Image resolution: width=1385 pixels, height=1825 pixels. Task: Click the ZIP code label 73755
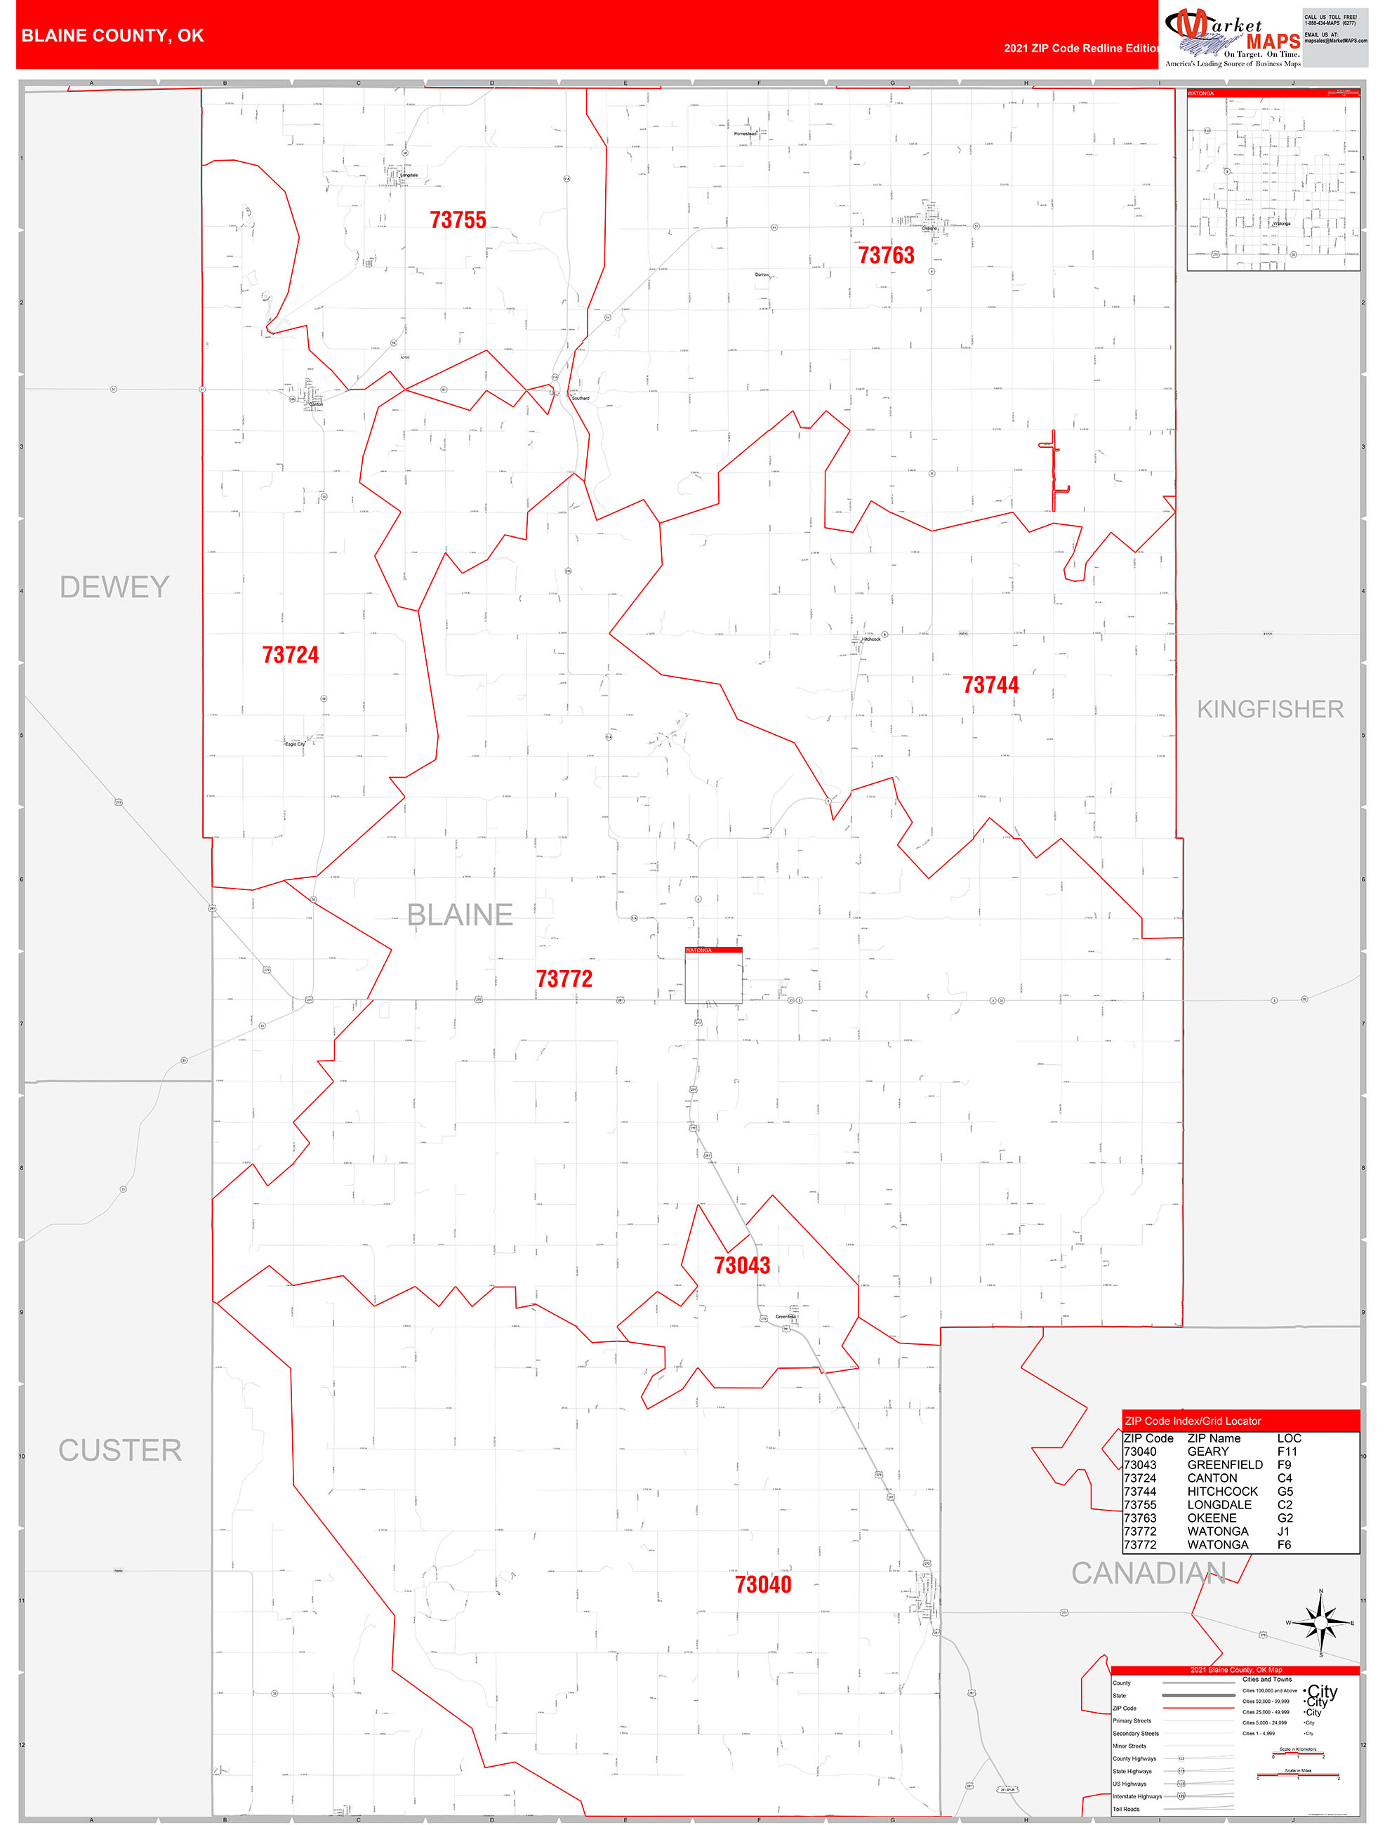(458, 220)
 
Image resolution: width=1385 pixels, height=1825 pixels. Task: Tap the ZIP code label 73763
(886, 255)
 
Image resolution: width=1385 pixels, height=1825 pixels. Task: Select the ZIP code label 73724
(291, 655)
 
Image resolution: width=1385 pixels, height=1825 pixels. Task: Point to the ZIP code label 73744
(990, 686)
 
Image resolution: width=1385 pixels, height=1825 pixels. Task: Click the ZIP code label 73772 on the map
(564, 979)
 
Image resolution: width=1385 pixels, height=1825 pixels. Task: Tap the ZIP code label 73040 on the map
(763, 1585)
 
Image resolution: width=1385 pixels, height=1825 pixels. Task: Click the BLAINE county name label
(460, 915)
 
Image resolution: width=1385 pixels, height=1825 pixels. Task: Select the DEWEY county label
(114, 588)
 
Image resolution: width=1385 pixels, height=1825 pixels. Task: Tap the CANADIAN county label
(1148, 1574)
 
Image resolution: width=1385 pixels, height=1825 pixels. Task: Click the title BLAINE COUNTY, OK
(112, 36)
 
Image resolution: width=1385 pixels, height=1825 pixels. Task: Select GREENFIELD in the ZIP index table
(1224, 1464)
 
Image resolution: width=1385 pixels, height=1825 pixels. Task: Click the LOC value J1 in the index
(1283, 1532)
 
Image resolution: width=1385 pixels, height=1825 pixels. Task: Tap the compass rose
(1320, 1622)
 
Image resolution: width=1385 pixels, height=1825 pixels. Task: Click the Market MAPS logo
(1233, 37)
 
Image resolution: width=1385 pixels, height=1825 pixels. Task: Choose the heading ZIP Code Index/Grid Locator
(1192, 1421)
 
